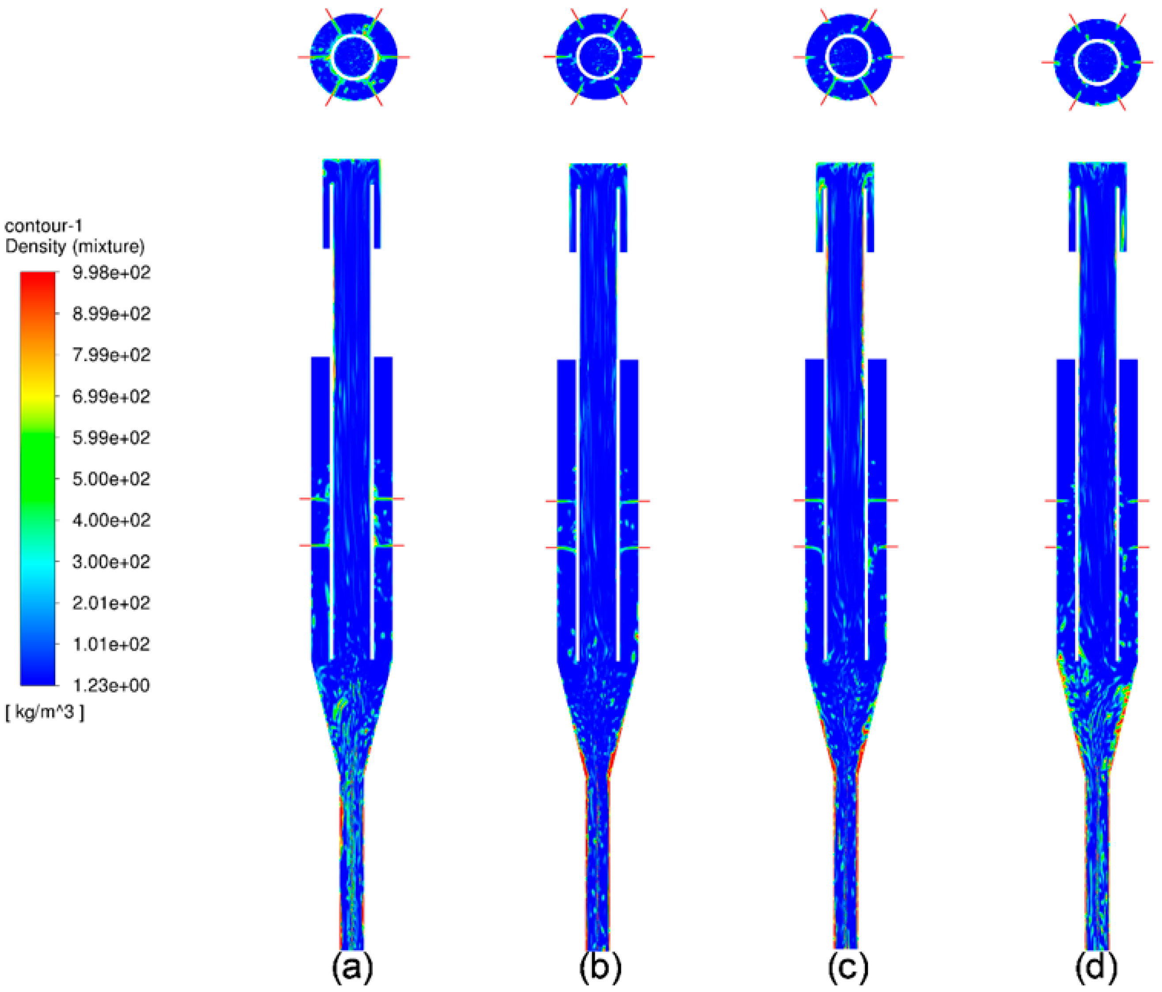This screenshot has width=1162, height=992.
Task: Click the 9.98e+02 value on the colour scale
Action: click(x=112, y=273)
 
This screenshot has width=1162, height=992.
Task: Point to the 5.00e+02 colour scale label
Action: click(x=112, y=479)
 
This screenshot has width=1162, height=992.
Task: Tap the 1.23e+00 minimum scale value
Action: click(x=112, y=685)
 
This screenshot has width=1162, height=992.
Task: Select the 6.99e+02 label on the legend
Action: click(x=112, y=397)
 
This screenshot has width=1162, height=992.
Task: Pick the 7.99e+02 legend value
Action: click(x=112, y=355)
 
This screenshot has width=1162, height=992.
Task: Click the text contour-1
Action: click(x=44, y=226)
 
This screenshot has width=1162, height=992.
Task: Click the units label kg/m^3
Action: click(x=45, y=713)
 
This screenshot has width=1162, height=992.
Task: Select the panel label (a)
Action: click(x=353, y=968)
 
